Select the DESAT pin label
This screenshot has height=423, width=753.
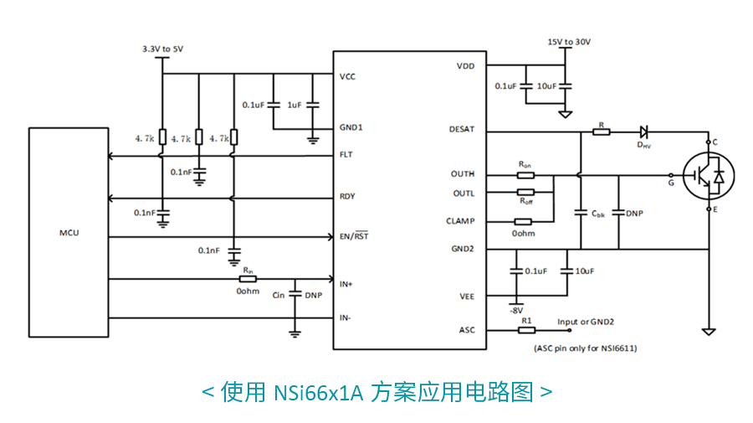click(462, 130)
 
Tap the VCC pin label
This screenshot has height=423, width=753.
click(347, 76)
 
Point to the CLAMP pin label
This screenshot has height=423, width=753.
click(460, 221)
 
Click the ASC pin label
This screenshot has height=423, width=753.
click(467, 329)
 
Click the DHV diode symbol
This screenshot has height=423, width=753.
click(644, 132)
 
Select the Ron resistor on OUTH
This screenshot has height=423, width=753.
click(525, 175)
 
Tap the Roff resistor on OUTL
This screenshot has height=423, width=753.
click(525, 193)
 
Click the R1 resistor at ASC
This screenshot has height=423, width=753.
click(526, 329)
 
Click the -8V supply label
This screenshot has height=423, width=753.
click(516, 310)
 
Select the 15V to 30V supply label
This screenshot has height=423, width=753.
click(568, 42)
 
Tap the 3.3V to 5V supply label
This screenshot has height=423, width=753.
click(162, 49)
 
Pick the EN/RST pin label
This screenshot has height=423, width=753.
click(354, 236)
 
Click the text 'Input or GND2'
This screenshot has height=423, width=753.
click(586, 321)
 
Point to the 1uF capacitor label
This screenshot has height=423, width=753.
click(294, 106)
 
